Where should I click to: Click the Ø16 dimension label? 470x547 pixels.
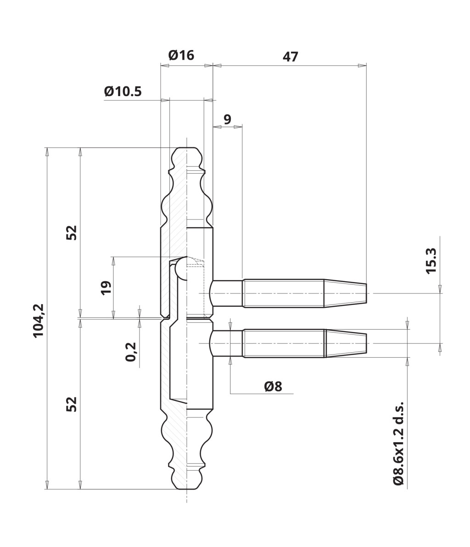pos(181,55)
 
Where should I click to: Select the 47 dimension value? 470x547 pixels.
pos(291,56)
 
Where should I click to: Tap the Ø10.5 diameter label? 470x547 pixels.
pos(123,91)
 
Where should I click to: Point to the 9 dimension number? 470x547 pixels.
pos(227,119)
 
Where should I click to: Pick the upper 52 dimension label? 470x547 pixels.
pos(72,233)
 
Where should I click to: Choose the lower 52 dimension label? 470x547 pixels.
pos(72,404)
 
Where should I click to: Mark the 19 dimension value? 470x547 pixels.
pos(106,288)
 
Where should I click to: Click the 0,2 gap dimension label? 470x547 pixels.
pos(131,352)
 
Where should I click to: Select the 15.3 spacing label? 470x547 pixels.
pos(431,261)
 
